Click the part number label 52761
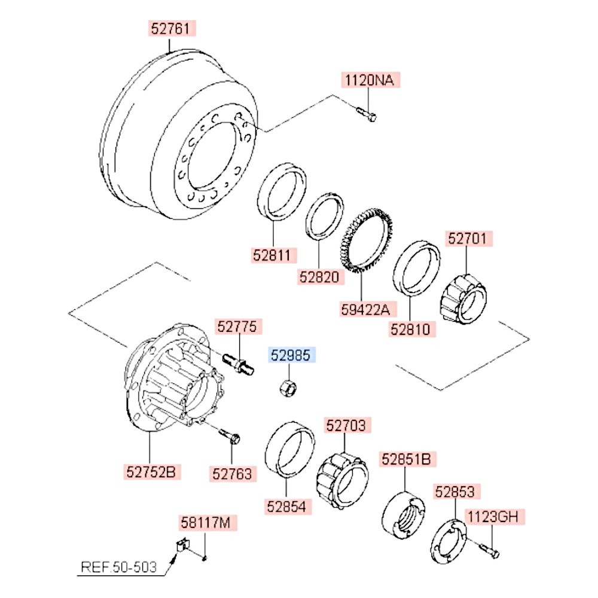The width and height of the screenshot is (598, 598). [169, 28]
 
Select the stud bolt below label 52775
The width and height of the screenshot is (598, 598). [239, 362]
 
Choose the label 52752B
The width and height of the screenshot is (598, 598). [151, 472]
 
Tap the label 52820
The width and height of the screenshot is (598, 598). [319, 277]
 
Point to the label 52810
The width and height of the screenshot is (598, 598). [410, 328]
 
